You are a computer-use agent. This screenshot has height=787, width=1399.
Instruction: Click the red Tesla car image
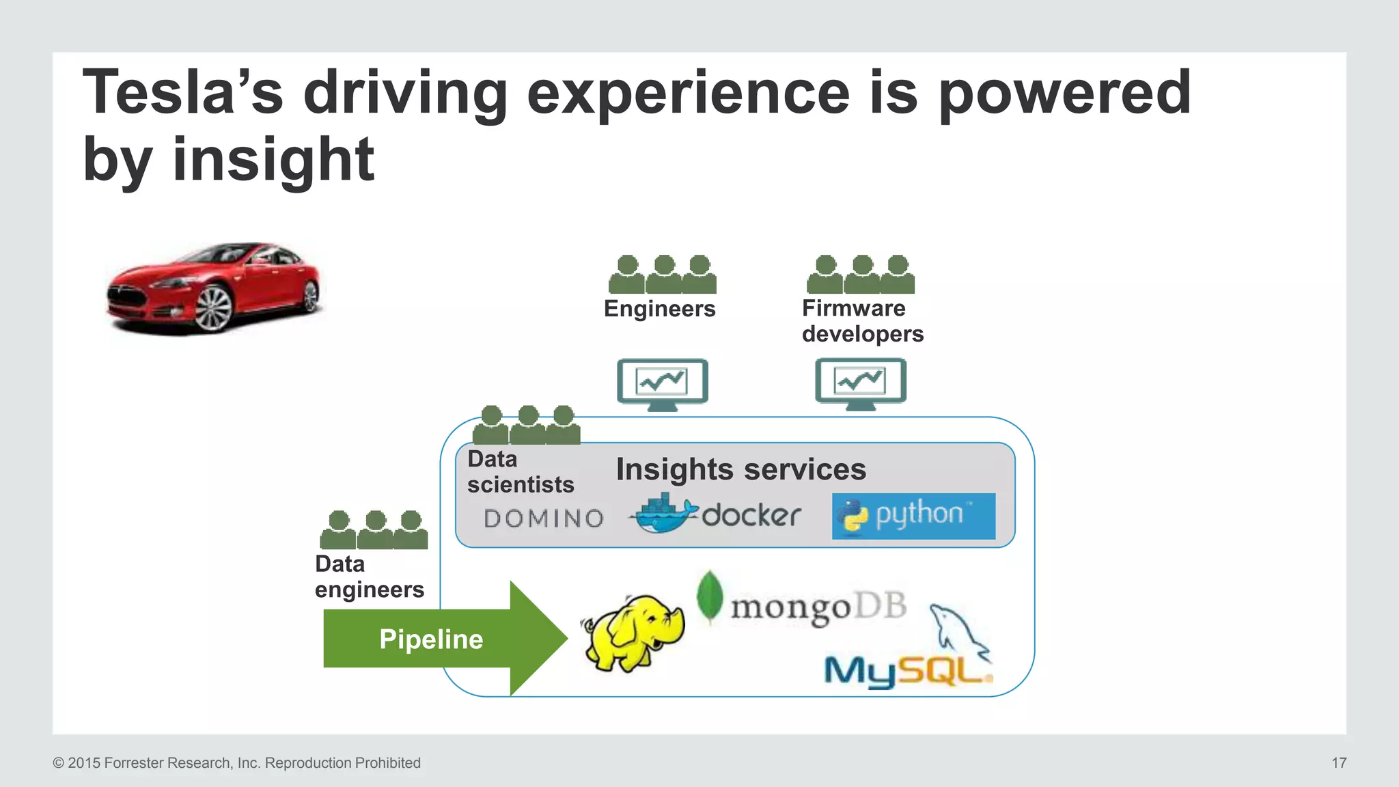[213, 288]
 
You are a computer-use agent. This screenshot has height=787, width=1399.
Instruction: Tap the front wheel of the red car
[214, 307]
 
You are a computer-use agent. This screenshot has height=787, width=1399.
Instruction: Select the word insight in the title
[273, 159]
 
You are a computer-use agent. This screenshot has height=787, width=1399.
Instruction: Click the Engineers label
[659, 309]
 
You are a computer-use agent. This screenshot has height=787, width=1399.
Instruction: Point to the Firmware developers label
[862, 321]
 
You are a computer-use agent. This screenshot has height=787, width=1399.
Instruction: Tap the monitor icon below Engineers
[662, 383]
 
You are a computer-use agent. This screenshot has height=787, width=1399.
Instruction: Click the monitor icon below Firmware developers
[860, 383]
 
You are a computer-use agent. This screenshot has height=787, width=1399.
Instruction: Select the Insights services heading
[740, 469]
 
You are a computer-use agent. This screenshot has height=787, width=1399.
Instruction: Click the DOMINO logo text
[544, 519]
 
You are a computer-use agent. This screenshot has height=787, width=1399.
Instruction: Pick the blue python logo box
[913, 516]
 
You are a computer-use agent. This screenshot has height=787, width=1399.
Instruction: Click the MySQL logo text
[906, 672]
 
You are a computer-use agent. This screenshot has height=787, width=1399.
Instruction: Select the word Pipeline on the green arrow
[431, 639]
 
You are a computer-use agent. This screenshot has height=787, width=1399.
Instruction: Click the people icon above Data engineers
[374, 530]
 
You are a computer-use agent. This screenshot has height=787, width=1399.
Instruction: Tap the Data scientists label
[520, 472]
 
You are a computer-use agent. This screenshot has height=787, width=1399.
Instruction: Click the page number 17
[1338, 763]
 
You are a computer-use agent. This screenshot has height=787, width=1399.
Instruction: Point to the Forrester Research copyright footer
[236, 763]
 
